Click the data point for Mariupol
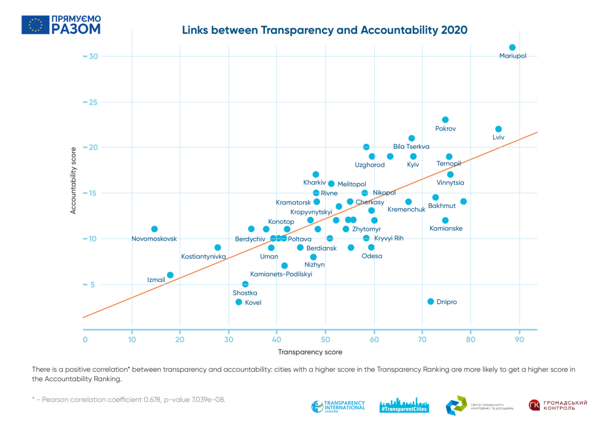(x=512, y=47)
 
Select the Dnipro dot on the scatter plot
(x=431, y=301)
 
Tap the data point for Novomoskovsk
(x=155, y=229)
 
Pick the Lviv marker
(x=498, y=129)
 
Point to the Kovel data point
(x=239, y=302)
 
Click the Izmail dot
(x=170, y=275)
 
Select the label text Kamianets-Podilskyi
(x=281, y=274)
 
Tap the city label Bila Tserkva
(x=411, y=147)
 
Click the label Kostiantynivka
(x=204, y=257)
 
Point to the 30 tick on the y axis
(x=92, y=56)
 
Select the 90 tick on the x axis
(x=519, y=340)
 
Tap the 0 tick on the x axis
(x=85, y=340)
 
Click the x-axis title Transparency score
(x=310, y=352)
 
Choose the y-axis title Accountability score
(x=73, y=181)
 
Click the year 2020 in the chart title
(x=454, y=30)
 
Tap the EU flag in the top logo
(x=35, y=25)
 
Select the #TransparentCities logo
(x=404, y=406)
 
